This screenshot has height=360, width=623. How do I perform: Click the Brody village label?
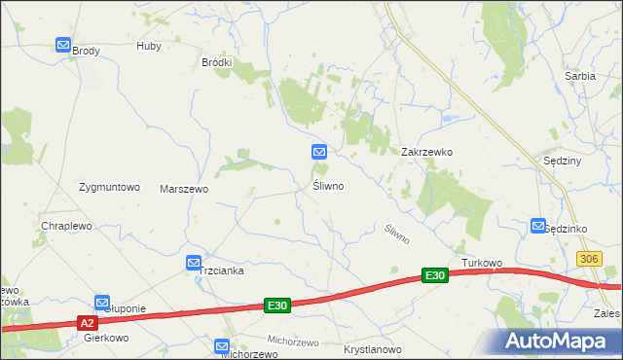click(x=87, y=52)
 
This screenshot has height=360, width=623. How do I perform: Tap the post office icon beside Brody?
click(x=63, y=45)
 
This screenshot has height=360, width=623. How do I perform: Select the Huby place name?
click(x=149, y=46)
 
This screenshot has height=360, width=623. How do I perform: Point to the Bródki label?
click(x=216, y=62)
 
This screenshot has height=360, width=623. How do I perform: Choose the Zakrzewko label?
click(x=427, y=153)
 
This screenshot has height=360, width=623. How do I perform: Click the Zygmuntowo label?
click(x=110, y=187)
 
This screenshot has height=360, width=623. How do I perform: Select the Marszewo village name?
click(x=184, y=189)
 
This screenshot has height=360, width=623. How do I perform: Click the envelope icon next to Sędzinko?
click(x=538, y=226)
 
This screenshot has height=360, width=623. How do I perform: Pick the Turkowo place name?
click(x=482, y=264)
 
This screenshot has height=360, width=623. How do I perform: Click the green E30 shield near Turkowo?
click(x=434, y=276)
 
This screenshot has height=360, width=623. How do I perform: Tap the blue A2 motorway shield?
click(x=88, y=322)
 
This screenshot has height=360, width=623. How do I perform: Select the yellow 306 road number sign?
click(x=587, y=258)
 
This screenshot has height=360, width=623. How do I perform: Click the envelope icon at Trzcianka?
click(x=194, y=263)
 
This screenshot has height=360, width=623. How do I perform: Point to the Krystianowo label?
click(x=373, y=348)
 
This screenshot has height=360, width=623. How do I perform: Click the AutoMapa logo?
click(x=560, y=341)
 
